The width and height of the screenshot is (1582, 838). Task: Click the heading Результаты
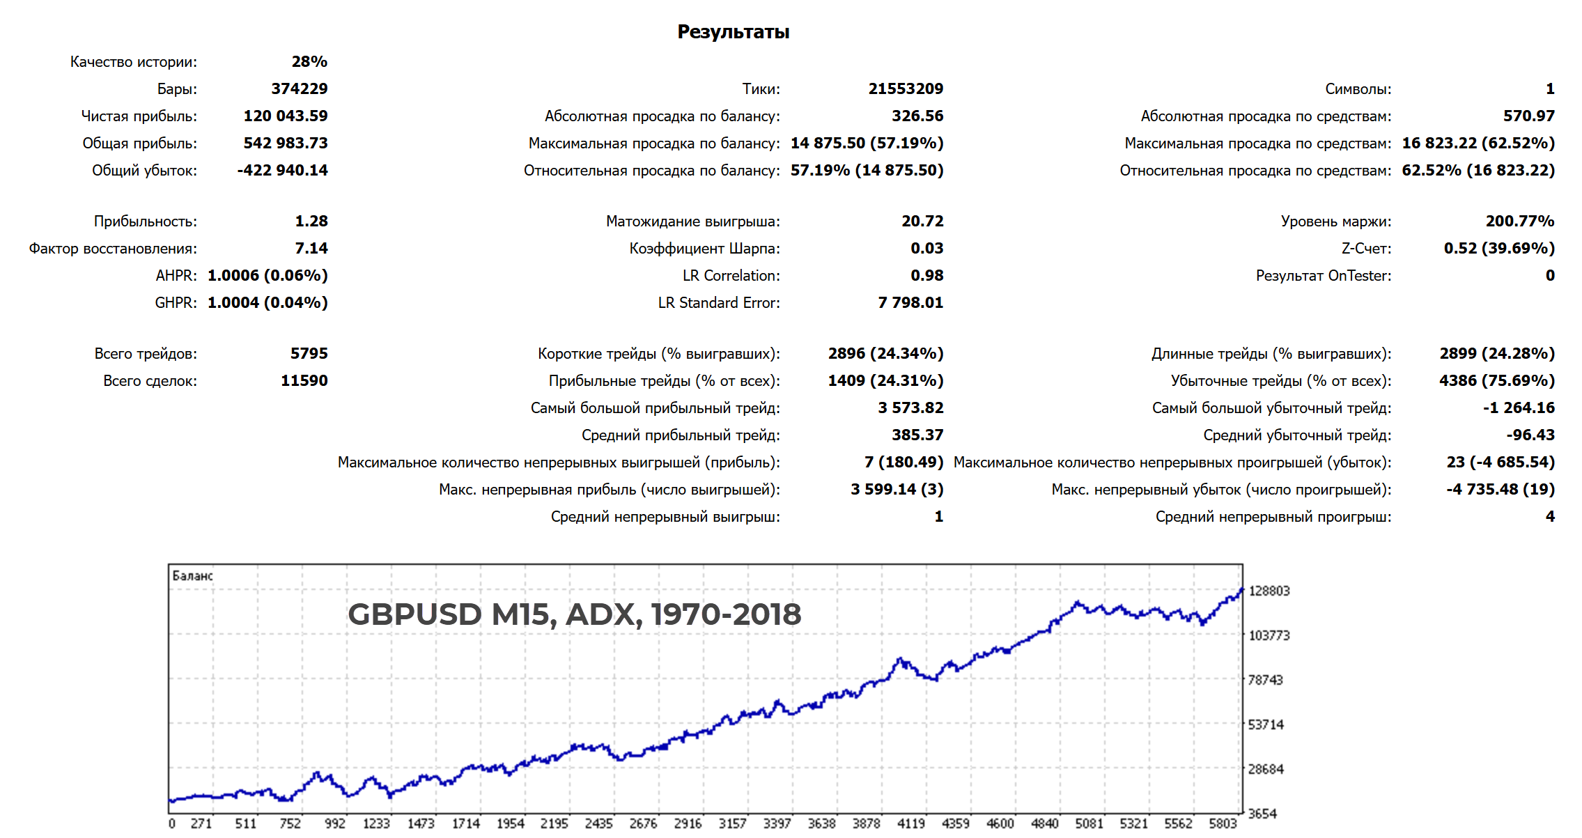click(x=733, y=32)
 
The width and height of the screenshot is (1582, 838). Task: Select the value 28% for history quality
click(x=309, y=62)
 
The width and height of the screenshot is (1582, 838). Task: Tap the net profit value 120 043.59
click(x=286, y=116)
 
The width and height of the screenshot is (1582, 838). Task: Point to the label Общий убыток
click(x=144, y=171)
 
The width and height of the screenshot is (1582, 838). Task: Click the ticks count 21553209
click(x=906, y=89)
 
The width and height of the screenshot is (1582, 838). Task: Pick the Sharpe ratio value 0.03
click(x=926, y=249)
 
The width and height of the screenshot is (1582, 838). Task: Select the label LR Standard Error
click(x=719, y=303)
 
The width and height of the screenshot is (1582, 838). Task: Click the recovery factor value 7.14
click(x=311, y=249)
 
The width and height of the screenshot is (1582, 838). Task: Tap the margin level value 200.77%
click(x=1520, y=222)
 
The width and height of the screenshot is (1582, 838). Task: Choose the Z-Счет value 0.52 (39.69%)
click(x=1499, y=249)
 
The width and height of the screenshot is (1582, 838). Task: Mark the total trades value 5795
click(x=309, y=354)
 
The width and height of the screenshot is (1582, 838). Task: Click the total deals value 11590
click(x=304, y=381)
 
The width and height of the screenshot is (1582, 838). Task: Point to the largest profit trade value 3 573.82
click(x=910, y=408)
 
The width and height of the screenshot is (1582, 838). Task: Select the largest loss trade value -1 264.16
click(x=1519, y=408)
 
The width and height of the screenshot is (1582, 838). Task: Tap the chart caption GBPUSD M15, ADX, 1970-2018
click(x=574, y=614)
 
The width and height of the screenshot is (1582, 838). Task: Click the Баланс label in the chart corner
click(x=192, y=576)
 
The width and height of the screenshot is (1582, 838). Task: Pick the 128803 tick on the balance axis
click(x=1269, y=591)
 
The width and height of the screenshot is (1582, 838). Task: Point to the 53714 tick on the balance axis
click(x=1265, y=725)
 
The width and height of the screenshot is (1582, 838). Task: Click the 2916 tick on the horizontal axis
click(x=688, y=824)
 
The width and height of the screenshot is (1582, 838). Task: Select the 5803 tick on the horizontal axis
click(x=1223, y=824)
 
